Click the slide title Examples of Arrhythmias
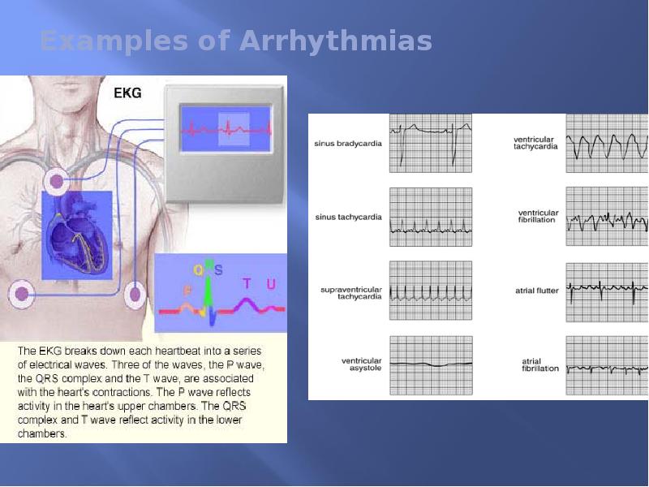pos(235,41)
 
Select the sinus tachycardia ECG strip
pos(430,217)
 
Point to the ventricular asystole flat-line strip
pos(430,364)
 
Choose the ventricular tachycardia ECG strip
pos(606,142)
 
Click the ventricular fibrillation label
pos(537,217)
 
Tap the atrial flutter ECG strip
pos(606,290)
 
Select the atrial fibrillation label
pos(539,364)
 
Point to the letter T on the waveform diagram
pos(247,283)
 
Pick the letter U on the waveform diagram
pos(270,283)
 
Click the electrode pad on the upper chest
pos(55,182)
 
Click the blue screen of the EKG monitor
pos(225,127)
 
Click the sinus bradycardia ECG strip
pos(430,142)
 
